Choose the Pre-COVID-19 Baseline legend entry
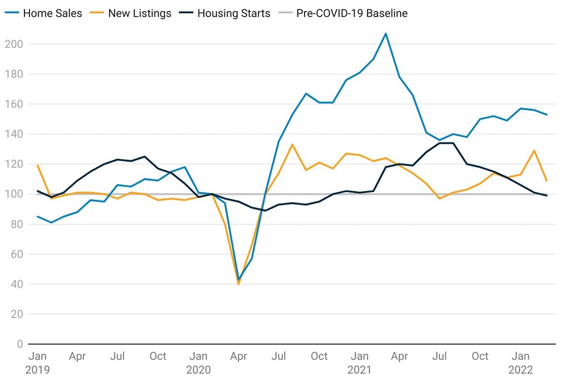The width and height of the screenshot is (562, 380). [345, 13]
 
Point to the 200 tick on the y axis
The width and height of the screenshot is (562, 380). [14, 44]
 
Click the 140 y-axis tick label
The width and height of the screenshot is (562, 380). [14, 134]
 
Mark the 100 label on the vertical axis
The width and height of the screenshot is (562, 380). [14, 194]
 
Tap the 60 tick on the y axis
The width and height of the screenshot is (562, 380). [17, 254]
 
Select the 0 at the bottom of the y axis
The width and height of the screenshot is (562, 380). [20, 344]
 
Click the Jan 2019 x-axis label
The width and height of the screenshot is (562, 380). [37, 363]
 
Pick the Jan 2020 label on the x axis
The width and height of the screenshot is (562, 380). [199, 363]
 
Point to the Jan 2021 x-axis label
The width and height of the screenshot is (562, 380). [360, 363]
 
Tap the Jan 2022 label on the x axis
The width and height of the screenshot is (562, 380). [521, 363]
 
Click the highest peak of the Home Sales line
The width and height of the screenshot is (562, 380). [385, 33]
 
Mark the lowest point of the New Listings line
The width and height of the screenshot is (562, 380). [239, 284]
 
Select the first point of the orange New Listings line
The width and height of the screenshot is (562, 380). [37, 165]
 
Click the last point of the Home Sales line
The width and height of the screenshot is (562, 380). [547, 114]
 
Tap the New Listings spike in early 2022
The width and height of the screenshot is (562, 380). [534, 150]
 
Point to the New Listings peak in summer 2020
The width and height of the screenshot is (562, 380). [293, 144]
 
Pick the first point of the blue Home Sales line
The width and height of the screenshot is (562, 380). [37, 216]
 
